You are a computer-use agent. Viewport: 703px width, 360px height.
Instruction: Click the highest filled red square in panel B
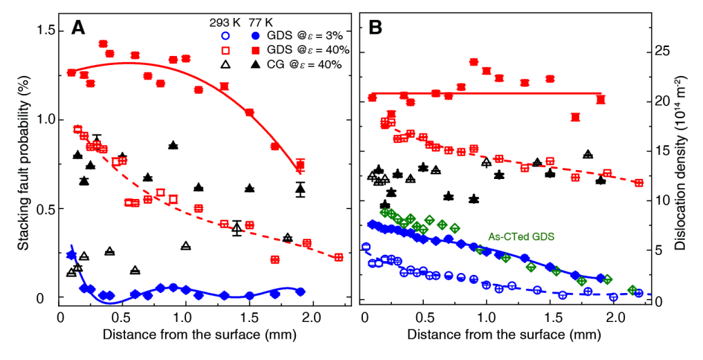pos(474,62)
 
